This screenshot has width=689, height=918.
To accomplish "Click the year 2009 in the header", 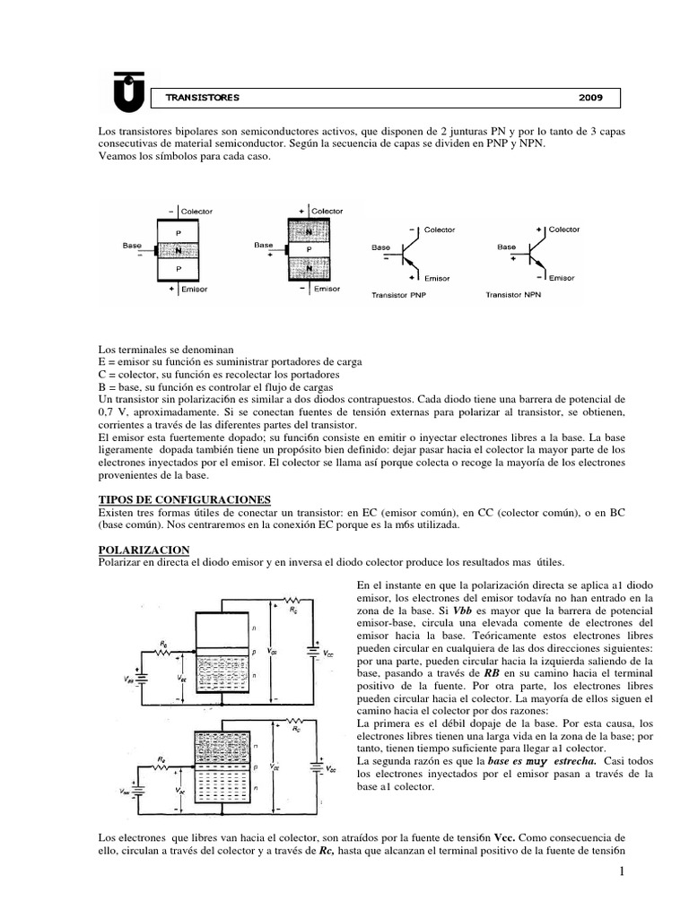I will point(590,97).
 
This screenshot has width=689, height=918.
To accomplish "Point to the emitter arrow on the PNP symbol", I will point(408,264).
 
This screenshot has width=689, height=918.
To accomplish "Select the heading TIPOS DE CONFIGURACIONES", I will point(183,498).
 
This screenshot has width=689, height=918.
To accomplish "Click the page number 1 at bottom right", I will point(619,872).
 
